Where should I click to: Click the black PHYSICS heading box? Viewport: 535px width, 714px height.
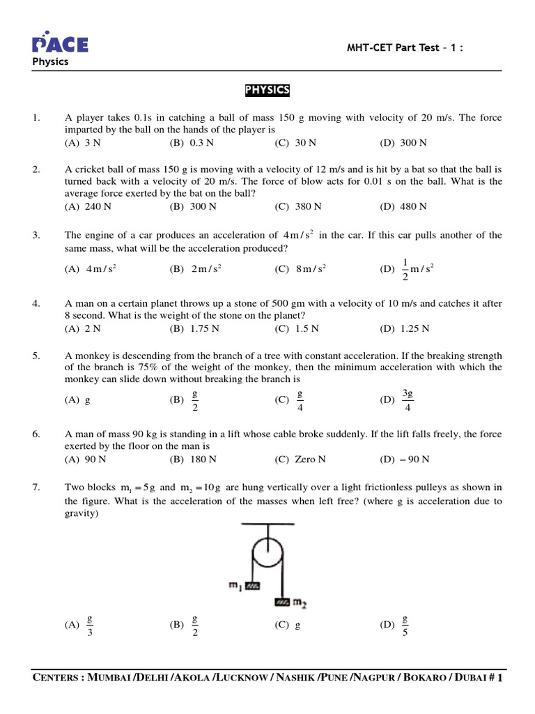pyautogui.click(x=267, y=91)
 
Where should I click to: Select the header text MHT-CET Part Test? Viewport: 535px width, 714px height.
pyautogui.click(x=397, y=47)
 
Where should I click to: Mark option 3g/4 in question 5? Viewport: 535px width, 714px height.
pyautogui.click(x=408, y=400)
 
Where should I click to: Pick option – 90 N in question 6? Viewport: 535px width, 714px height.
pyautogui.click(x=414, y=459)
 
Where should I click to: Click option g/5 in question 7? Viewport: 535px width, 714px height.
pyautogui.click(x=405, y=625)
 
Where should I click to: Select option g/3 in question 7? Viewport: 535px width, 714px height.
pyautogui.click(x=90, y=625)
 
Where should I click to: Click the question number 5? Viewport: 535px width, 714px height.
pyautogui.click(x=36, y=356)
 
